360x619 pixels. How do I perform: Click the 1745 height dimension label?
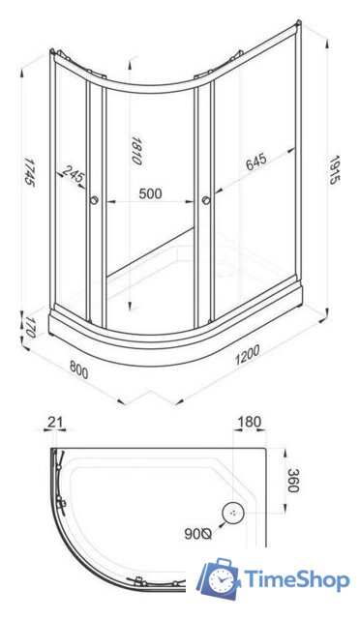click(28, 172)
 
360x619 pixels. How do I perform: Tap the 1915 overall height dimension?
click(335, 170)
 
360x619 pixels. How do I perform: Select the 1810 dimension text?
click(135, 151)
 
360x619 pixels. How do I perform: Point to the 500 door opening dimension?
click(150, 193)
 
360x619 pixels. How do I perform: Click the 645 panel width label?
click(256, 162)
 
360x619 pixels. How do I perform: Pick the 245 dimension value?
click(74, 174)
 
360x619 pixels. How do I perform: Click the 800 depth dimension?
click(79, 369)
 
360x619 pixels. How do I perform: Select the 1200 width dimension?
click(248, 355)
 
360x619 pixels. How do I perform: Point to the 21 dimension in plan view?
click(55, 422)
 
